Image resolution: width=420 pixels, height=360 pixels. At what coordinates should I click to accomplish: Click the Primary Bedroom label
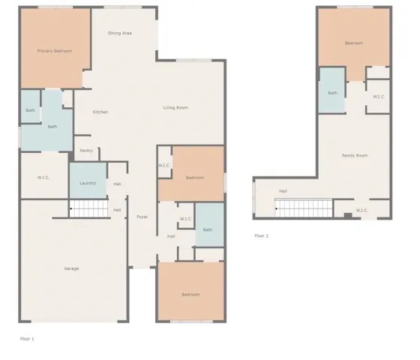(55, 50)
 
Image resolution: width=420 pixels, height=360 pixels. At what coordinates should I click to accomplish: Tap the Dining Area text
(120, 33)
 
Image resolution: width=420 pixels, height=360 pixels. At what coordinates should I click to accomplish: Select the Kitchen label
(100, 112)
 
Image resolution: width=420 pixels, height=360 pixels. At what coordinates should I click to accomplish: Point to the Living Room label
(175, 108)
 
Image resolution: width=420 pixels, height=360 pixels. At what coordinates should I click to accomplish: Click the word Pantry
(86, 150)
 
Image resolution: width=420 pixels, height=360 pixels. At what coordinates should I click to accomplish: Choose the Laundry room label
(88, 182)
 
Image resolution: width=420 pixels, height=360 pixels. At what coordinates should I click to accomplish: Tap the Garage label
(71, 268)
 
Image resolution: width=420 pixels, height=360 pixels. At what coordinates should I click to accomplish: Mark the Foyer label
(142, 217)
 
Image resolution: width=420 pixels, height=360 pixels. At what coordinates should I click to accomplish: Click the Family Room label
(355, 155)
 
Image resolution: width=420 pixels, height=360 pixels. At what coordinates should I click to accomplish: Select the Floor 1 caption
(27, 339)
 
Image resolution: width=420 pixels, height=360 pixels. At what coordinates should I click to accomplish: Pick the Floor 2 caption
(261, 235)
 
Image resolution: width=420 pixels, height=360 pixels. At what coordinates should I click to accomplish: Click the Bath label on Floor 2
(332, 93)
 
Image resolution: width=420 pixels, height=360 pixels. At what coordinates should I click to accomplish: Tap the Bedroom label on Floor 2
(354, 43)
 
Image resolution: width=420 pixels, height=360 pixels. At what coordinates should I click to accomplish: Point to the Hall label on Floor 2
(283, 190)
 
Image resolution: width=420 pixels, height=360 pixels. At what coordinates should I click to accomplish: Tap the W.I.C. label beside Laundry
(43, 178)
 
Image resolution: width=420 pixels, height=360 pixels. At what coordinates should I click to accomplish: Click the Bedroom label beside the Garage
(191, 294)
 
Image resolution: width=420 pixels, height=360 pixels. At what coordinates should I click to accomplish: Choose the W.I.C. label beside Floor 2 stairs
(362, 210)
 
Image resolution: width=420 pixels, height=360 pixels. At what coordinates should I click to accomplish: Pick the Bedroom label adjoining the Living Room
(195, 177)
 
